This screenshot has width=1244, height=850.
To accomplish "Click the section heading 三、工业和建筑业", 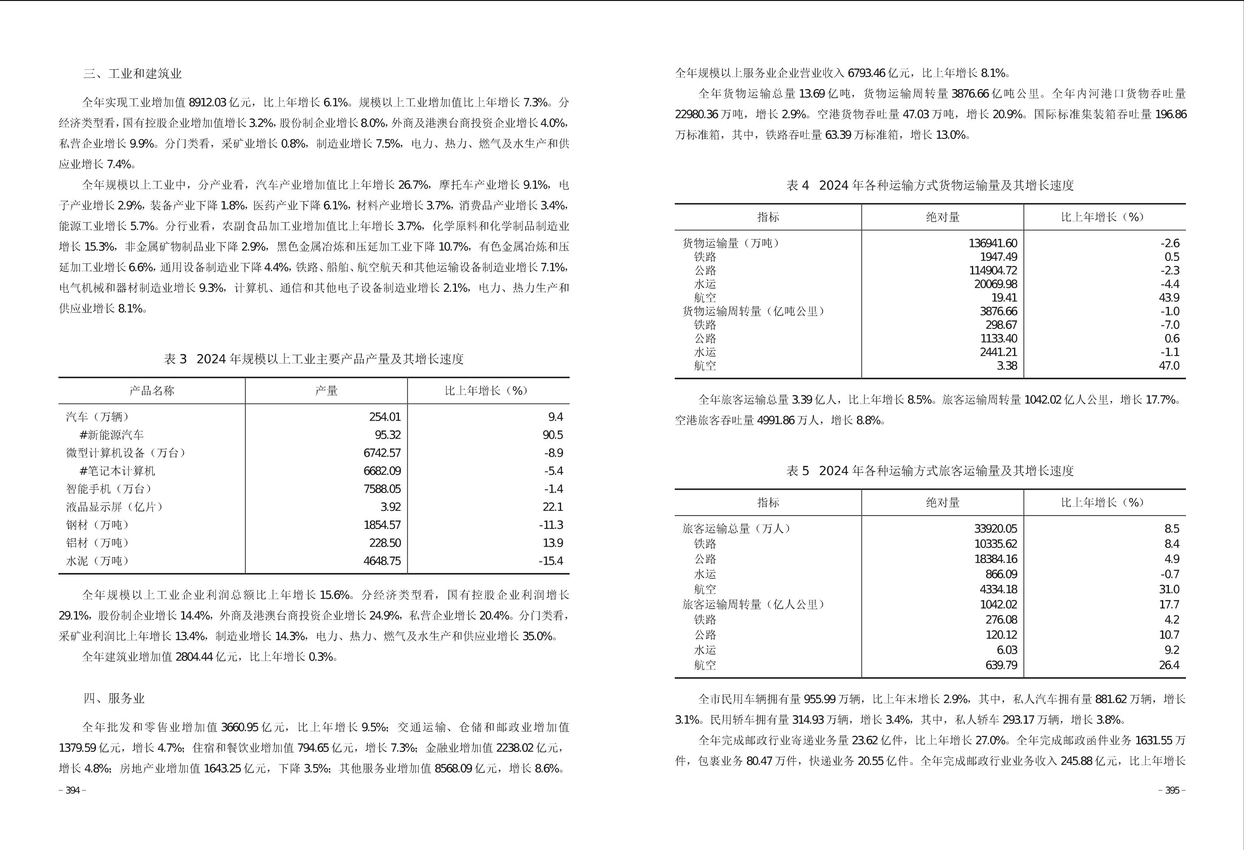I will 132,74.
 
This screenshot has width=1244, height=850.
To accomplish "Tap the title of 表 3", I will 314,359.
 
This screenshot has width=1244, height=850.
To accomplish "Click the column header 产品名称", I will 152,391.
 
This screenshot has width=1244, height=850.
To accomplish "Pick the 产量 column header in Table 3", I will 326,391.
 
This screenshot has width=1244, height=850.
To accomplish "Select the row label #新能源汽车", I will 111,434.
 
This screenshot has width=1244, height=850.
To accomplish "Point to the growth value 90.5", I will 552,434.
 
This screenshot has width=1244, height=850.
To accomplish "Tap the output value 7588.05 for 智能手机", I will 382,489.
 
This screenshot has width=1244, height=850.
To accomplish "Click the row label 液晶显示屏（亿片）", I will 115,507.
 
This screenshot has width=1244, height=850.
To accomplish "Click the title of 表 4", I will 930,185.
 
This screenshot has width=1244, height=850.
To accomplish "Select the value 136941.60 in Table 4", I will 993,243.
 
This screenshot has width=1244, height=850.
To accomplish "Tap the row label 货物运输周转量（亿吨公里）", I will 753,311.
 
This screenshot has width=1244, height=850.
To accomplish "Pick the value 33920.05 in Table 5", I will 995,529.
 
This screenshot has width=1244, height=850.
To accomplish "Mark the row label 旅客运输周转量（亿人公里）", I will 753,604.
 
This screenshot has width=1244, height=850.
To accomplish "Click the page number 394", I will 72,791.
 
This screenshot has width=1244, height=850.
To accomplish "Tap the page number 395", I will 1172,791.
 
